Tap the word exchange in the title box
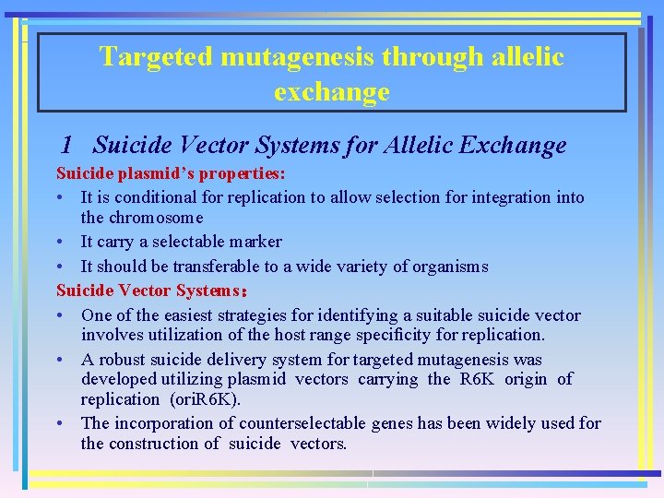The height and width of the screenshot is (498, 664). [x=331, y=92]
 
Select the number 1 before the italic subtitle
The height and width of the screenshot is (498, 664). [x=65, y=146]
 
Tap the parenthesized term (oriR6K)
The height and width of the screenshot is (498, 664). [x=205, y=399]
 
